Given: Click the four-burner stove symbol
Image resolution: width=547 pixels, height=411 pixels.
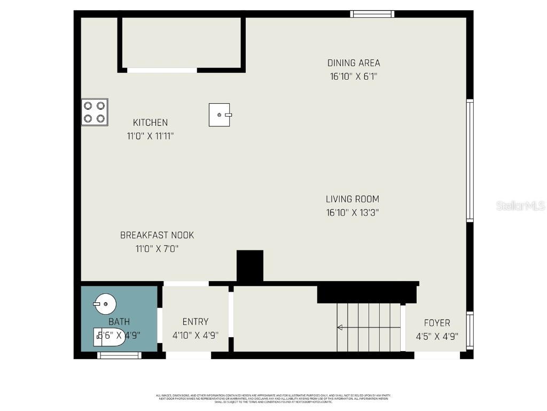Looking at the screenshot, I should click(95, 112).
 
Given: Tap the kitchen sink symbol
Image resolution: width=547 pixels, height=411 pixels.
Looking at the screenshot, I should click(219, 115).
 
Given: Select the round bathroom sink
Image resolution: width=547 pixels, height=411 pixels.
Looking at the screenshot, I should click(105, 305).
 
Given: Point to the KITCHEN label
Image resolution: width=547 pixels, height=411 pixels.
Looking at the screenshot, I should click(150, 123).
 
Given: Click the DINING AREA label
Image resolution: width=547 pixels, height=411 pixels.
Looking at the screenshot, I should click(354, 63).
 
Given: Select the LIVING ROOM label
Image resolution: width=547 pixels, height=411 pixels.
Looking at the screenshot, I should click(353, 199).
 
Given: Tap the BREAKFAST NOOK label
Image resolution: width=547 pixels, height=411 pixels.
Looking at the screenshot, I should click(157, 235).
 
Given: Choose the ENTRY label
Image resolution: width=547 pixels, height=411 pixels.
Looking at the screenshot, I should click(196, 322).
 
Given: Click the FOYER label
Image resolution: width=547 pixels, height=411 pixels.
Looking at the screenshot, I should click(437, 323).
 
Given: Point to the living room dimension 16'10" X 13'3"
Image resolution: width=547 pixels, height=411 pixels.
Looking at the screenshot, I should click(353, 212).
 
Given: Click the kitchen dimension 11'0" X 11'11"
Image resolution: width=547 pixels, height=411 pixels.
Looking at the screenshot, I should click(150, 136).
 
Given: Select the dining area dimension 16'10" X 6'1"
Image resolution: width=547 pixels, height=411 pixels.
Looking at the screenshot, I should click(354, 77).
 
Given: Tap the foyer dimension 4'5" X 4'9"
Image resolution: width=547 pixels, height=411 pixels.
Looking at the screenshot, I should click(437, 337).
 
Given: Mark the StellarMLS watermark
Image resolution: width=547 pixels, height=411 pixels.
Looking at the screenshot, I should click(520, 205).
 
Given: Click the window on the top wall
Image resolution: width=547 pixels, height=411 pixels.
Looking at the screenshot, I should click(372, 14).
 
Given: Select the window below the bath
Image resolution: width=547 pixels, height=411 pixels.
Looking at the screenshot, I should click(119, 354).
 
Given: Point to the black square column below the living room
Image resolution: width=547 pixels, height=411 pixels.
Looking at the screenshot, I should click(250, 265).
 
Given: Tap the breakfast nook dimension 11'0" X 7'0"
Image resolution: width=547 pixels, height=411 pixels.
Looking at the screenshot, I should click(157, 249).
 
